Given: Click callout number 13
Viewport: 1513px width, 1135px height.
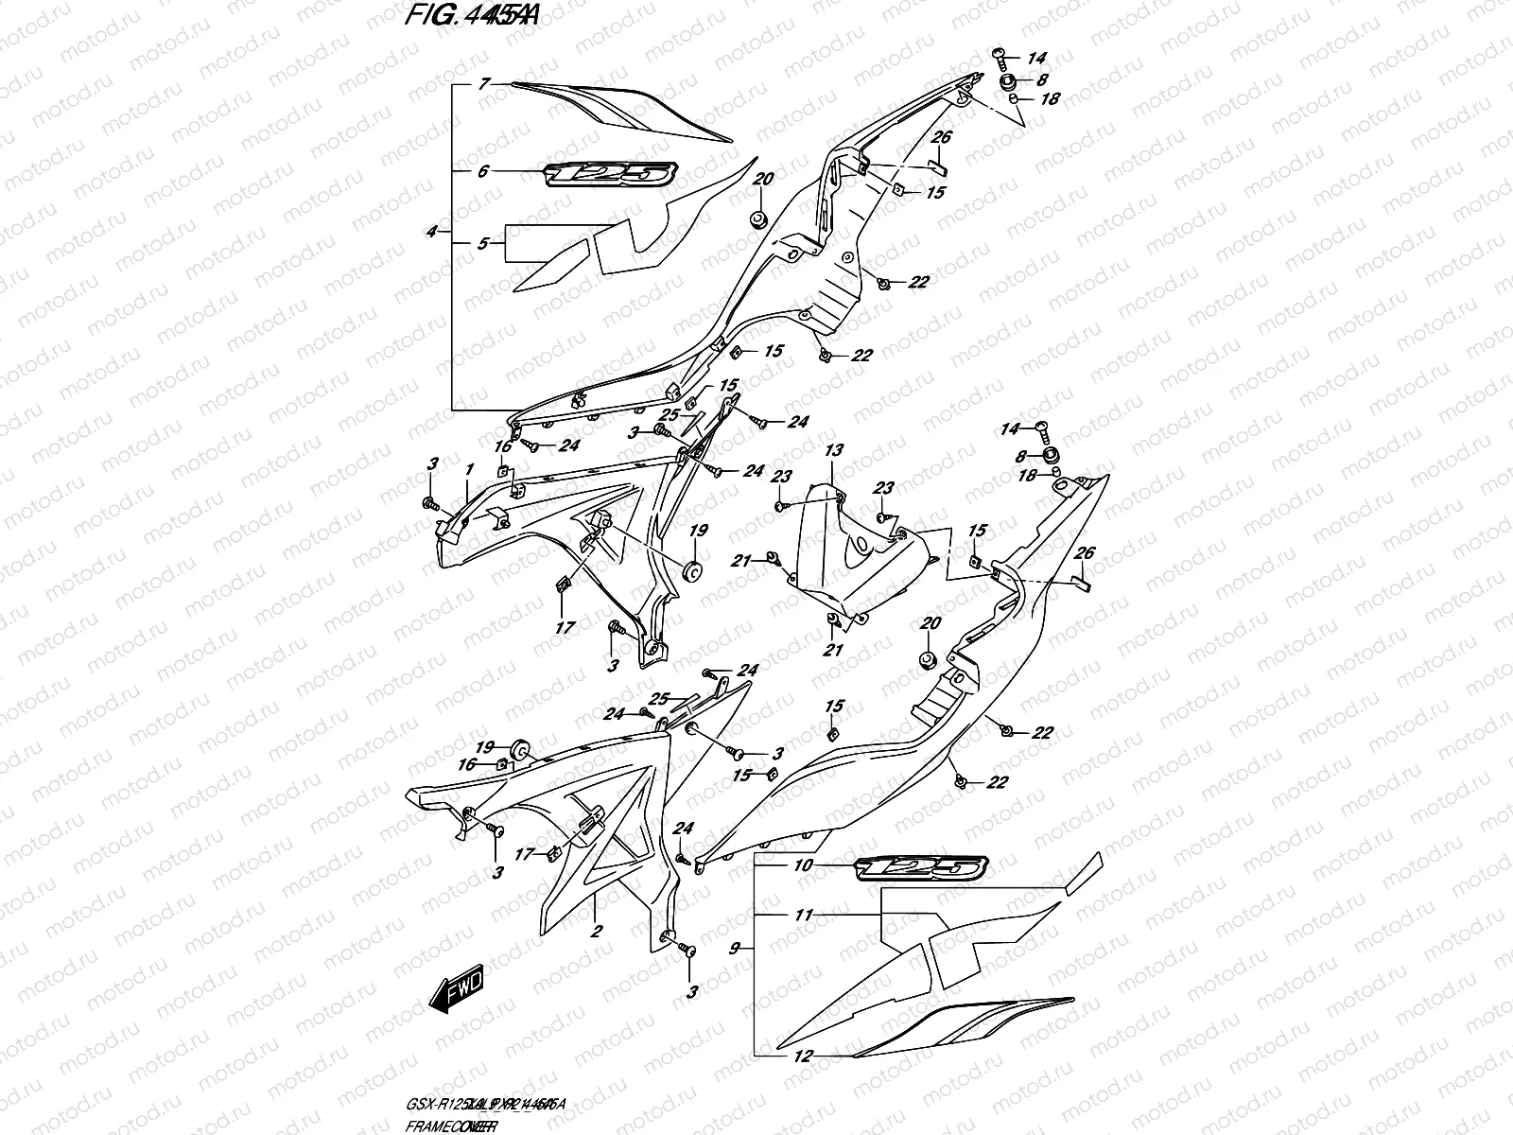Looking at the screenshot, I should click(x=833, y=449).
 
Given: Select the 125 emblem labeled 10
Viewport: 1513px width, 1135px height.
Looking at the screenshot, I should click(x=921, y=866).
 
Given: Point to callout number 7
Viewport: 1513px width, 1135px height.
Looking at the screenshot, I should click(x=482, y=84).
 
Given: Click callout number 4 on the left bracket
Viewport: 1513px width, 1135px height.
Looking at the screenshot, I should click(x=432, y=231).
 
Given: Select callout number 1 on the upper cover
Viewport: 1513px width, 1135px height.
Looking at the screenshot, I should click(x=468, y=468).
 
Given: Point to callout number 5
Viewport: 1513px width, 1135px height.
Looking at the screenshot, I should click(x=482, y=243).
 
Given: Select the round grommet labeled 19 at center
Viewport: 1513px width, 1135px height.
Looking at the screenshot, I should click(x=692, y=570).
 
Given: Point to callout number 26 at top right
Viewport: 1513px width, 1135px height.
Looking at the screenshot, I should click(x=940, y=138).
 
